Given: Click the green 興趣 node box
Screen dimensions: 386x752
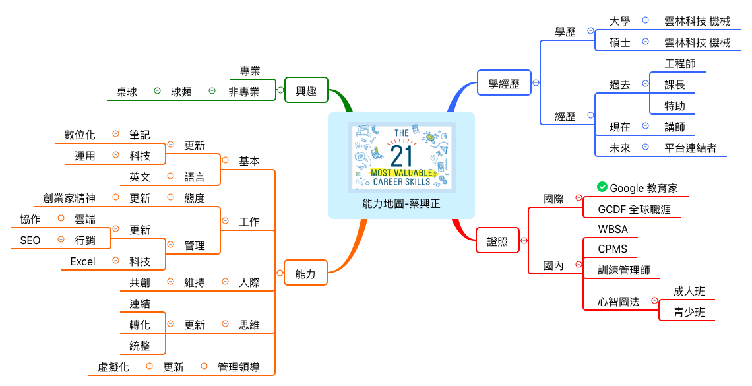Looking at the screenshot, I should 306,90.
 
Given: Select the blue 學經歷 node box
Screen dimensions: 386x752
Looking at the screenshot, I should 504,83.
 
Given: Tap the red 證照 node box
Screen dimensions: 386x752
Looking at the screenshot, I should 497,241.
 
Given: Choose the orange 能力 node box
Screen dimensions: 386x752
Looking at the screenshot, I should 305,273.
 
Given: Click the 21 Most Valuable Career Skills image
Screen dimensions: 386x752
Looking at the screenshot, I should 401,156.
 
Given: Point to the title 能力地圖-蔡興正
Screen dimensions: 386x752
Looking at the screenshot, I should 401,204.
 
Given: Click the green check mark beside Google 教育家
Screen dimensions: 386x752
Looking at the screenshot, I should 602,187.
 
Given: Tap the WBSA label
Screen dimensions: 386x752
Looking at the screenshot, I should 613,229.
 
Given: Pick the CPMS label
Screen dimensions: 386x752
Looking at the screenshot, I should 612,249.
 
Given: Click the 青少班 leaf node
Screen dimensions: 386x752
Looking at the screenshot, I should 689,312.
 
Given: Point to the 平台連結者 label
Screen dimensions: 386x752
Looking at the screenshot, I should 691,148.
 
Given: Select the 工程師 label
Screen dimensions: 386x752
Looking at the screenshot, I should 680,63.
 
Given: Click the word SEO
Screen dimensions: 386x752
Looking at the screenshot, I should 30,240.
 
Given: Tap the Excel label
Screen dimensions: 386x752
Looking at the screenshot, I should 82,261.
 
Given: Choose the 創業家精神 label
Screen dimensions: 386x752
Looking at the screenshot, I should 69,198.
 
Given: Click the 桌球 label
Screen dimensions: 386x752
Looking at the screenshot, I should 127,92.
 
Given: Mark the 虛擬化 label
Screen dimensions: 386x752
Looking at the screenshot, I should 113,367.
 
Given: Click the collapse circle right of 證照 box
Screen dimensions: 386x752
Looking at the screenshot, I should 524,241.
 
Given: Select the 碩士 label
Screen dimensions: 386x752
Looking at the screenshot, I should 620,42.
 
